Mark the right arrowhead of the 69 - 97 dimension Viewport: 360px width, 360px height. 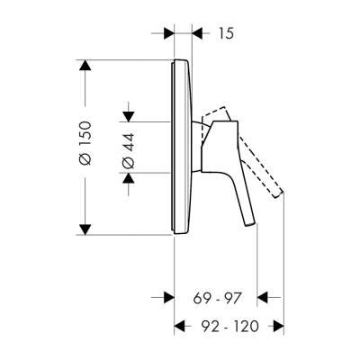[x=262, y=296]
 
